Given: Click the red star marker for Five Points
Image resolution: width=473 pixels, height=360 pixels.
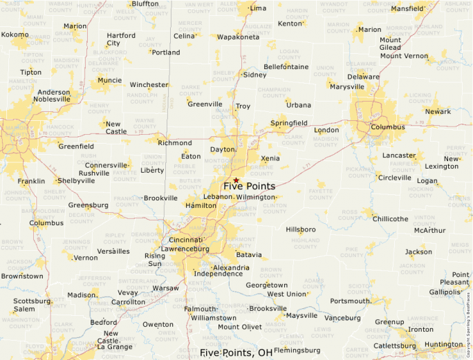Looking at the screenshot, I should click(236, 180).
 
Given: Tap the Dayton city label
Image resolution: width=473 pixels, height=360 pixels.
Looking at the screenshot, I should click(223, 149).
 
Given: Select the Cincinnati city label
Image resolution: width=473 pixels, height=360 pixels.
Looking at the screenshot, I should click(180, 239).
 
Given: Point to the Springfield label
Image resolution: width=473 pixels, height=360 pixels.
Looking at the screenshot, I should click(289, 123).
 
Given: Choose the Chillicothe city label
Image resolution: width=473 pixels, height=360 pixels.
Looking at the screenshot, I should click(391, 218).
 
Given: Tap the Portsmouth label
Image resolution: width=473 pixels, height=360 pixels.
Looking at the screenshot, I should click(351, 301).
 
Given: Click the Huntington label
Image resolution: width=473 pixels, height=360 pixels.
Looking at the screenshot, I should click(444, 344).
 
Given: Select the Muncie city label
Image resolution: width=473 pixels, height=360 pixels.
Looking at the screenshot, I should click(109, 80).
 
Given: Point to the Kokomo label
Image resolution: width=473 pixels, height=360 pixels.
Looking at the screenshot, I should click(15, 35).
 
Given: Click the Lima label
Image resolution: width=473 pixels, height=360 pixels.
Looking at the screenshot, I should click(258, 8).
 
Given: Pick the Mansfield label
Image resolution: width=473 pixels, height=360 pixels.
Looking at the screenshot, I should click(407, 9).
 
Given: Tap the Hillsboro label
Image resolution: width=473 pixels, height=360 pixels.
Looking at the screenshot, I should click(301, 229).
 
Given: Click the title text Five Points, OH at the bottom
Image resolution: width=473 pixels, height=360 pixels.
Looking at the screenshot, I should click(236, 352).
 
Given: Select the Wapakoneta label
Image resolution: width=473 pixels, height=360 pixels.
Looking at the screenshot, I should click(238, 37).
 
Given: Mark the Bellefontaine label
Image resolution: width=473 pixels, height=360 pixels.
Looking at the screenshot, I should click(286, 66).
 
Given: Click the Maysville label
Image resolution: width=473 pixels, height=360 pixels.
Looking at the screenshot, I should click(302, 315).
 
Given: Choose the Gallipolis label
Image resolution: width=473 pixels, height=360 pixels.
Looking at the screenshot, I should click(444, 292).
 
